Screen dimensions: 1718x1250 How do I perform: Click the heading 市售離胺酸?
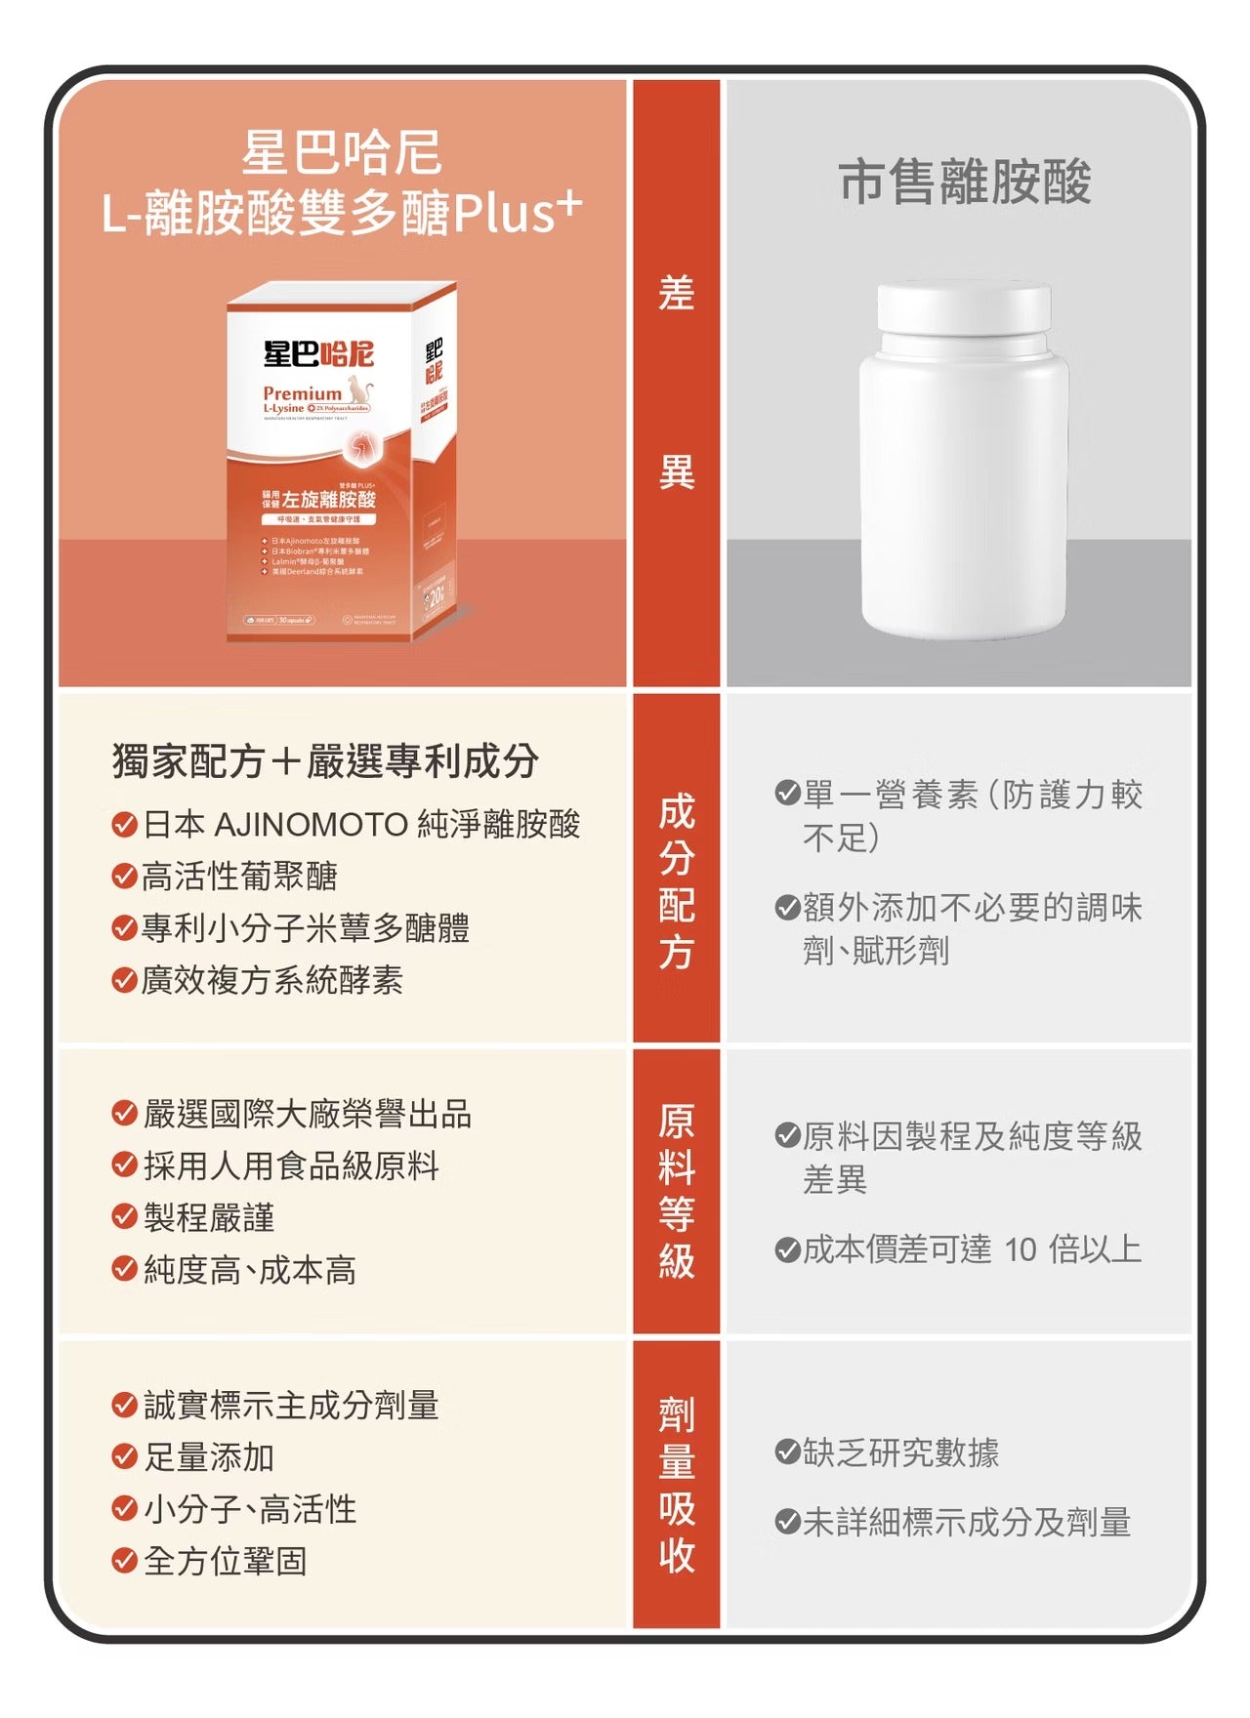tap(964, 182)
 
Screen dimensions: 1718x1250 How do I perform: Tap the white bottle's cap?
tap(964, 307)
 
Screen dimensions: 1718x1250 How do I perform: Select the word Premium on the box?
tap(302, 393)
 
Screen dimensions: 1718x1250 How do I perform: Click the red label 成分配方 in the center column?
tap(676, 881)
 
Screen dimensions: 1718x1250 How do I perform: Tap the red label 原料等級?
tap(676, 1191)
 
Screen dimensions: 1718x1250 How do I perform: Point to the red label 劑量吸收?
tap(676, 1484)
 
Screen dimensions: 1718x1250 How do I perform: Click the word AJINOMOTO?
tap(311, 825)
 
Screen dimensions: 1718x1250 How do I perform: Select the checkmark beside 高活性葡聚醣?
tap(124, 876)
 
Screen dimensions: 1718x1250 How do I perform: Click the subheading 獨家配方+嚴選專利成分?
tap(325, 761)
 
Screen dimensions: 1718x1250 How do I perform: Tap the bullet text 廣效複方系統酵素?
tap(272, 979)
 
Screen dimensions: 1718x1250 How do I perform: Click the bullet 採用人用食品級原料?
tap(291, 1166)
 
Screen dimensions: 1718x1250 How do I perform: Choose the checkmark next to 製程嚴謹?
tap(124, 1217)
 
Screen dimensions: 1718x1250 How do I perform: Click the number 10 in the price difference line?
tap(1020, 1249)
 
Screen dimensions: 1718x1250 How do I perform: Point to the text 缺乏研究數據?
tap(900, 1452)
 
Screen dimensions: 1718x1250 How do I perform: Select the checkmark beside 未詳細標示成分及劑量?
tap(786, 1522)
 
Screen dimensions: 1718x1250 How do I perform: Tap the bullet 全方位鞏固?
tap(226, 1561)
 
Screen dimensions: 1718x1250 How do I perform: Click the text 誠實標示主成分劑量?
tap(291, 1406)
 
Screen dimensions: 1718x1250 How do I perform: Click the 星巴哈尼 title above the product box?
tap(342, 153)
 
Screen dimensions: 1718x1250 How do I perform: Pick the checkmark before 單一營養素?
tap(786, 793)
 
